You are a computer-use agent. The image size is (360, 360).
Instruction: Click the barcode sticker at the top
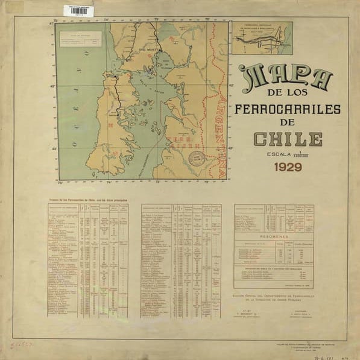pyautogui.click(x=78, y=10)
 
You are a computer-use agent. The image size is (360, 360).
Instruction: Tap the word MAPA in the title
pyautogui.click(x=286, y=78)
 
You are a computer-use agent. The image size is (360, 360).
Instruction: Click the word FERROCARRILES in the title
pyautogui.click(x=286, y=109)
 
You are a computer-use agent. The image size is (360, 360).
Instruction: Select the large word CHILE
pyautogui.click(x=287, y=139)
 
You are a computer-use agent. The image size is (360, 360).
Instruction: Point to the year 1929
pyautogui.click(x=288, y=167)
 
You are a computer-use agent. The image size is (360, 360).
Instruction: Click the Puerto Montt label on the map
pyautogui.click(x=148, y=49)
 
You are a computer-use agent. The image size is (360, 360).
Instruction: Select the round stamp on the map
pyautogui.click(x=196, y=159)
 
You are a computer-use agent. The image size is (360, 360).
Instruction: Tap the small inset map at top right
pyautogui.click(x=262, y=38)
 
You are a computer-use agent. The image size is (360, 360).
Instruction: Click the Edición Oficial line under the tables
pyautogui.click(x=274, y=297)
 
